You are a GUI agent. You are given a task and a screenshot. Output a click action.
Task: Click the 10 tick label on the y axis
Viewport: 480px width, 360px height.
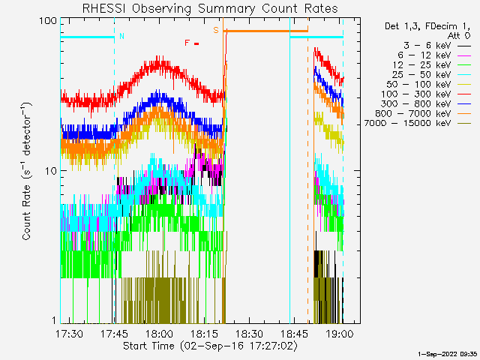point(51,171)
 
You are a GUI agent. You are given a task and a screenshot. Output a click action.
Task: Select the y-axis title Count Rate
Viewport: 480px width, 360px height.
point(27,171)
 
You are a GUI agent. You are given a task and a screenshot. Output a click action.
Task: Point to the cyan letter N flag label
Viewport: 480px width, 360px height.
point(122,36)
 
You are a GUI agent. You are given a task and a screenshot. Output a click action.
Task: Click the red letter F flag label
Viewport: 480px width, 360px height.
point(187,43)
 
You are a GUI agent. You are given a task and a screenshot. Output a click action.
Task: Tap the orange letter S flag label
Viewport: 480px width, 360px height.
point(216,30)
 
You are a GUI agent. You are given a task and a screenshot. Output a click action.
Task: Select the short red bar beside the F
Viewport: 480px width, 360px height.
point(196,43)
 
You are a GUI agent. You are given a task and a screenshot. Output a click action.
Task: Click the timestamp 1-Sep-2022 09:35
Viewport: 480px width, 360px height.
point(448,353)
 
